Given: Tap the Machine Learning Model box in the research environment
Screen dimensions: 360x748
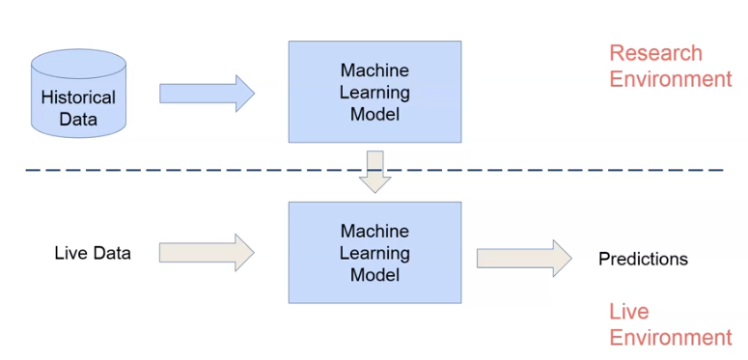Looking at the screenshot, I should point(374,93).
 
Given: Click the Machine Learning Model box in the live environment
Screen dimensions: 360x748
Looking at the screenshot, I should point(374,253).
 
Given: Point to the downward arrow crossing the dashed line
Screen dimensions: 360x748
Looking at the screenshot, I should point(374,171).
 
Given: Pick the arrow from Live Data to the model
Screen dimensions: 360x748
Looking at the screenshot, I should point(206,253).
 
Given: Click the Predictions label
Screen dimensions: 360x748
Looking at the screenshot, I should point(643,259).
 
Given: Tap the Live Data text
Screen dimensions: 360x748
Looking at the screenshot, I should point(93,253).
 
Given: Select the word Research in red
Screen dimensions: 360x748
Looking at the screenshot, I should point(655,53).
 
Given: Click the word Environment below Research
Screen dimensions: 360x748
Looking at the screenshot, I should point(671,79).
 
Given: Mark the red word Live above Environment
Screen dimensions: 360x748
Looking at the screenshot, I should point(628,312).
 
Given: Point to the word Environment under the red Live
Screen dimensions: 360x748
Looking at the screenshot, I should point(671,337).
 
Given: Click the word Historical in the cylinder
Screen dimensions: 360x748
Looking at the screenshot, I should point(78,97).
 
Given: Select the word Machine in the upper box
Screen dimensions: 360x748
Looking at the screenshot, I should point(374,70).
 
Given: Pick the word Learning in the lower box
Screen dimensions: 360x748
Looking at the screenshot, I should point(374,253).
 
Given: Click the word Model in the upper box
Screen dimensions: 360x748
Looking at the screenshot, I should point(374,115).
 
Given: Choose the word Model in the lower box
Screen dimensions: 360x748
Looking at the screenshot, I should point(374,275).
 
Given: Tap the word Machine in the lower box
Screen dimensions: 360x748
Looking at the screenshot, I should point(374,232).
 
